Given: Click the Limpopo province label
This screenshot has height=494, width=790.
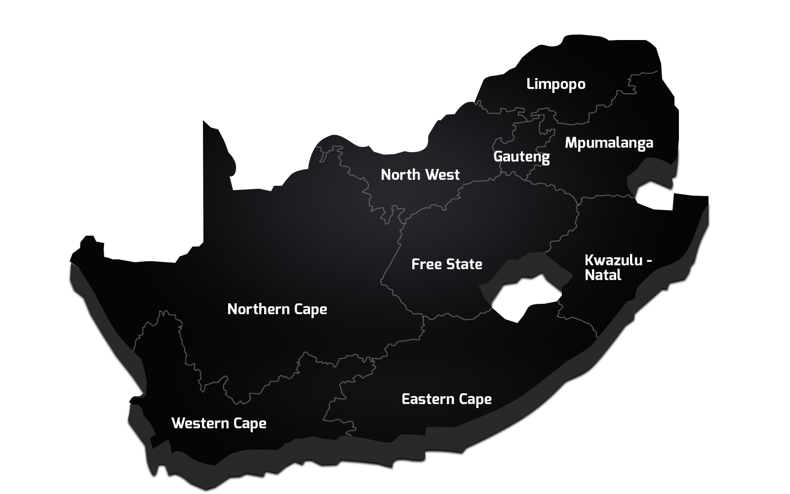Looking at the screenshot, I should click(x=555, y=84).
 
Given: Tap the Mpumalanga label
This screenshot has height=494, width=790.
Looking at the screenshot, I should click(x=609, y=143).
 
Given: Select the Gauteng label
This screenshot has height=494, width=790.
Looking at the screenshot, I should click(x=521, y=157).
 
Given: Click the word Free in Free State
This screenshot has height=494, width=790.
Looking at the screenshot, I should click(x=427, y=264).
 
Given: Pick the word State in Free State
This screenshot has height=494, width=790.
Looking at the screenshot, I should click(x=464, y=264).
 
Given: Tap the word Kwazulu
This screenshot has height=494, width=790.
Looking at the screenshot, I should click(x=614, y=260).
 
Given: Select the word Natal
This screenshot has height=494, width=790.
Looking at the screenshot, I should click(x=603, y=275).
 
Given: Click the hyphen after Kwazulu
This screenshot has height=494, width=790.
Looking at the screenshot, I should click(x=649, y=261).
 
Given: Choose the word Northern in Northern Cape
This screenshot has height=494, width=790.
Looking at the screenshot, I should click(x=258, y=309).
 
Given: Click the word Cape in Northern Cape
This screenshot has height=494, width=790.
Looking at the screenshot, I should click(x=311, y=310).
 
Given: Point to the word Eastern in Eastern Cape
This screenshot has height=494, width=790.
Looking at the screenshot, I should click(x=428, y=399).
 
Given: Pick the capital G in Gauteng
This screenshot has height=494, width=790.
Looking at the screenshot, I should click(x=498, y=157).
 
